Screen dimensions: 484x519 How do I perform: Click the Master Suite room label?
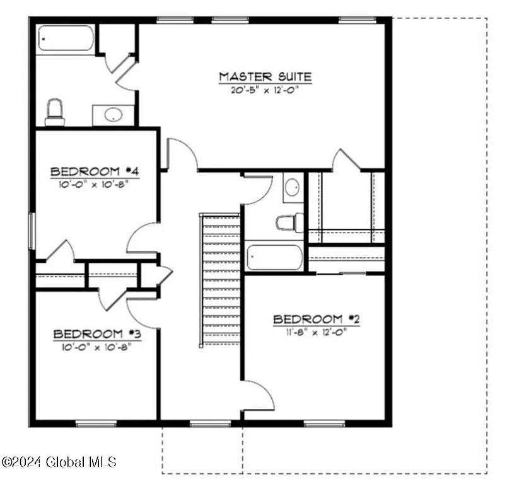tap(265, 77)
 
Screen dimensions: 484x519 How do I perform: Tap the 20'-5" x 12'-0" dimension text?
tap(265, 89)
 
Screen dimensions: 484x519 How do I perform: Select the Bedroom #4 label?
tap(95, 171)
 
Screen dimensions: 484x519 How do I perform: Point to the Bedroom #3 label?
tap(96, 334)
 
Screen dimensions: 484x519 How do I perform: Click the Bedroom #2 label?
tap(316, 320)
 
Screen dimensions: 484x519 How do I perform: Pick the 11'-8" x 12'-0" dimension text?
tap(316, 331)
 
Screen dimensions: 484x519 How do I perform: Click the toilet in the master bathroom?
tap(55, 112)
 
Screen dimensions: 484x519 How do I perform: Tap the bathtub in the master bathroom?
tap(65, 39)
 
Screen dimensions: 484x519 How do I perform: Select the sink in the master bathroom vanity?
tap(113, 115)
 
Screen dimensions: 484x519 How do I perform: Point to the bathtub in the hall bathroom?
tap(274, 257)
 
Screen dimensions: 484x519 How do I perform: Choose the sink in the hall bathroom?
tap(293, 187)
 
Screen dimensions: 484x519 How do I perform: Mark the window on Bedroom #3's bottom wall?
tap(96, 423)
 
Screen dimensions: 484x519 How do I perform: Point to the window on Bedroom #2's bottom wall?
tap(324, 423)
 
